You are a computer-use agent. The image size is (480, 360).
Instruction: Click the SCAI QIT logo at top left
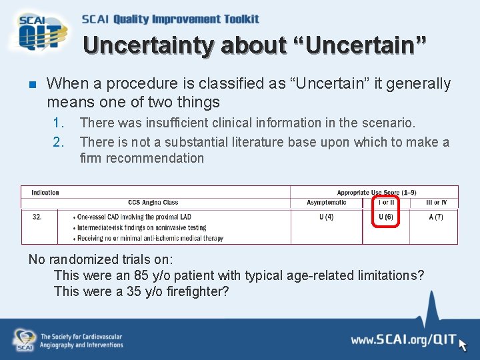tap(39, 32)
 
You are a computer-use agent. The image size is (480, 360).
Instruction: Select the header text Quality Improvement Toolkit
tap(186, 19)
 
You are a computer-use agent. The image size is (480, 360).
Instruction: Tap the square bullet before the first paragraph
tap(31, 85)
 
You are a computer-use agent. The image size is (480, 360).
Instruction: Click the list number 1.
tap(59, 123)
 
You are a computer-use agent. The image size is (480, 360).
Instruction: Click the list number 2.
tap(59, 142)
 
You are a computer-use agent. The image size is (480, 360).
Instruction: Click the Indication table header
tap(45, 193)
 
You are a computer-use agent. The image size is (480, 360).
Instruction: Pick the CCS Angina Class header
tap(153, 203)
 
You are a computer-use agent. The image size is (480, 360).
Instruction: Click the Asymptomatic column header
tap(326, 203)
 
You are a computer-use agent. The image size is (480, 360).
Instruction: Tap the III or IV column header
tap(436, 203)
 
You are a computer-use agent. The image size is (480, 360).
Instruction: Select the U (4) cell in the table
tap(325, 217)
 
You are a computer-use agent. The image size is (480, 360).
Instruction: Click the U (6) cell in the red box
tap(386, 217)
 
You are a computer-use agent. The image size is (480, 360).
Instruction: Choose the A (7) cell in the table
tap(435, 217)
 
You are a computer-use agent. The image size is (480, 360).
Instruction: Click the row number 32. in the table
tap(37, 217)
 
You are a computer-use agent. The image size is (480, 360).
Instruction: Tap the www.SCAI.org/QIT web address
tap(403, 341)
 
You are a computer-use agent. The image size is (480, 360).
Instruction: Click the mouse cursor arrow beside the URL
tap(463, 343)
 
